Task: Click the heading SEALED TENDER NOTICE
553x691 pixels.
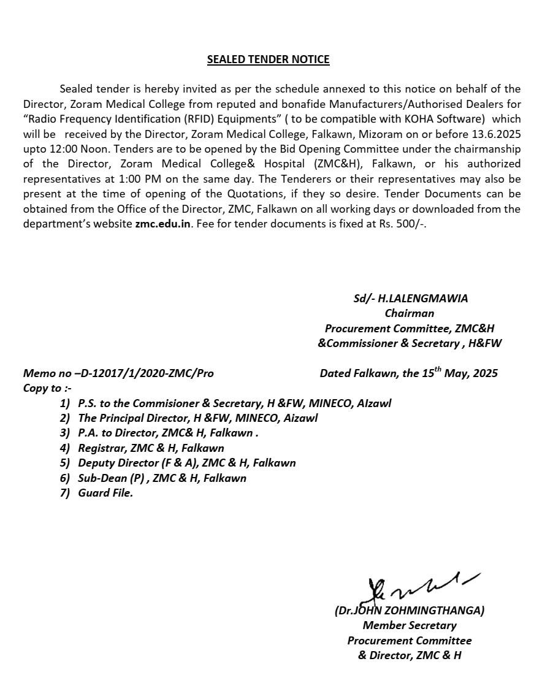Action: (268, 59)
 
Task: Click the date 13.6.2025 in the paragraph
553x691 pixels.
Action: (496, 134)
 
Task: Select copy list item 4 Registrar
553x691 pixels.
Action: (151, 448)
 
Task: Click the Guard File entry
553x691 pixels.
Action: (105, 492)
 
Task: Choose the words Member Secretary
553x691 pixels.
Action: (410, 625)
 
